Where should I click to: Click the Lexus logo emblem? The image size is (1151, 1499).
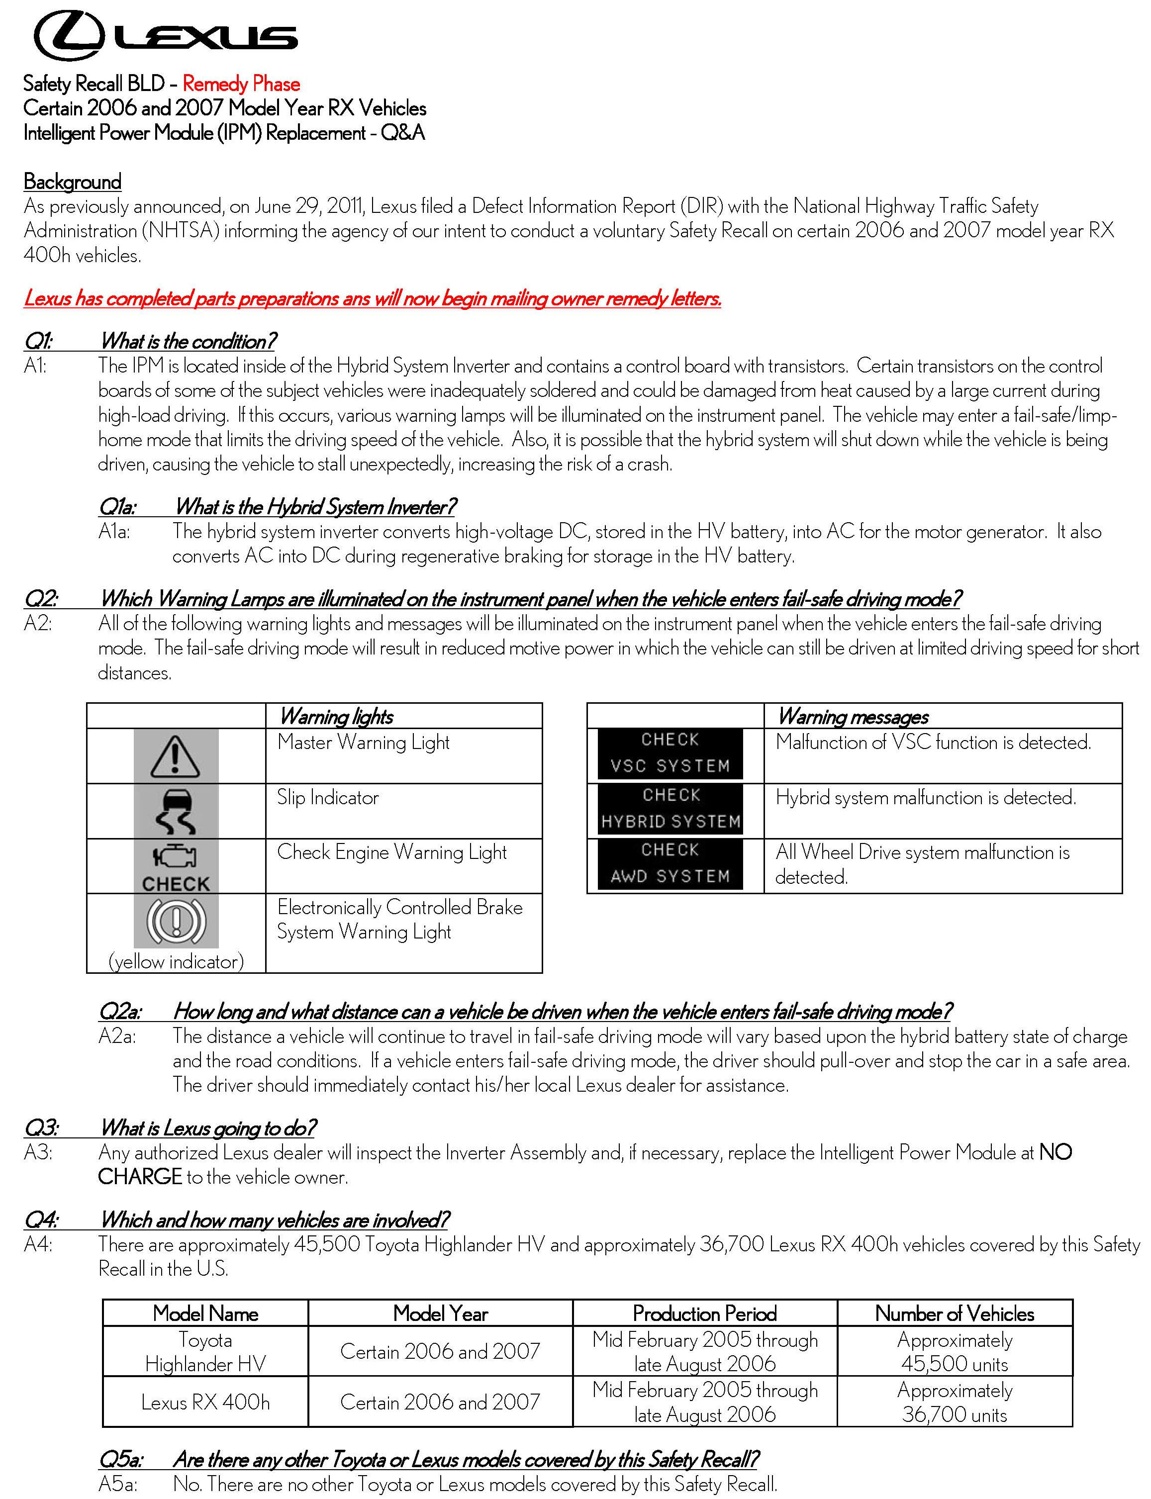tap(69, 36)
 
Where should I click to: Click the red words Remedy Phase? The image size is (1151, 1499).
tap(241, 84)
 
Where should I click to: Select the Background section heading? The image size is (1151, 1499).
tap(72, 182)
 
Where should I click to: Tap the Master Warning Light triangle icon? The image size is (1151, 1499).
tap(176, 756)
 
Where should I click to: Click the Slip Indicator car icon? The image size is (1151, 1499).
tap(176, 811)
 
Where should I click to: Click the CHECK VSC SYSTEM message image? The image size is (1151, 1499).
tap(670, 753)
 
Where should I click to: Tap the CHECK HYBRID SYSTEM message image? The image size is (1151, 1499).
tap(670, 808)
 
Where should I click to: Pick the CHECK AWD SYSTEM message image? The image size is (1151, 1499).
tap(670, 864)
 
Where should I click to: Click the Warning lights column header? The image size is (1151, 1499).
tap(336, 717)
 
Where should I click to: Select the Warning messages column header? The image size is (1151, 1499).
tap(853, 717)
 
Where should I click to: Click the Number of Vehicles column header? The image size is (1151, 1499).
tap(955, 1313)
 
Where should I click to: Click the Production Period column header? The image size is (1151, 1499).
tap(704, 1313)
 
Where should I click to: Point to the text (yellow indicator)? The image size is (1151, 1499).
tap(176, 961)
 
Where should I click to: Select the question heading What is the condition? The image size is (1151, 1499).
tap(189, 341)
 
